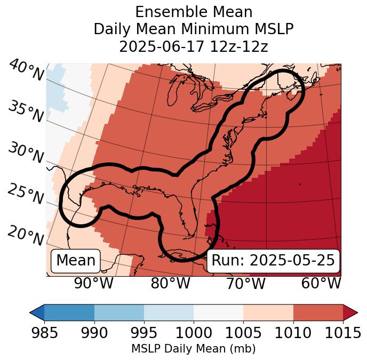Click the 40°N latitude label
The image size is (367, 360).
pyautogui.click(x=26, y=71)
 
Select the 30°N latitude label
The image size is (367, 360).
pyautogui.click(x=26, y=154)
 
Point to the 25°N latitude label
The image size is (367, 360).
pyautogui.click(x=26, y=194)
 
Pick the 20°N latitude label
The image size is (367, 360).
pyautogui.click(x=26, y=235)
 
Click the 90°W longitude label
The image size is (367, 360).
pyautogui.click(x=93, y=283)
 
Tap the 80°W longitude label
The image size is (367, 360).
pyautogui.click(x=170, y=283)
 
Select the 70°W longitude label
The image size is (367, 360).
pyautogui.click(x=245, y=283)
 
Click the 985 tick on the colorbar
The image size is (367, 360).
pyautogui.click(x=44, y=333)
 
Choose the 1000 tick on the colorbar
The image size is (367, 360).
pyautogui.click(x=193, y=333)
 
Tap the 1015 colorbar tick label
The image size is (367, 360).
pyautogui.click(x=342, y=333)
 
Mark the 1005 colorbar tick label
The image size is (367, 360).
pyautogui.click(x=243, y=333)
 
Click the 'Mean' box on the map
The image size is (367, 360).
pyautogui.click(x=76, y=261)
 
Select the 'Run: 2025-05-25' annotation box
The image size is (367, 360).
pyautogui.click(x=273, y=261)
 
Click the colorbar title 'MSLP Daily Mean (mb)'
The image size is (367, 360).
pyautogui.click(x=193, y=349)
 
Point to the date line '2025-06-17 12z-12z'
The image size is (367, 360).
pyautogui.click(x=193, y=46)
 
